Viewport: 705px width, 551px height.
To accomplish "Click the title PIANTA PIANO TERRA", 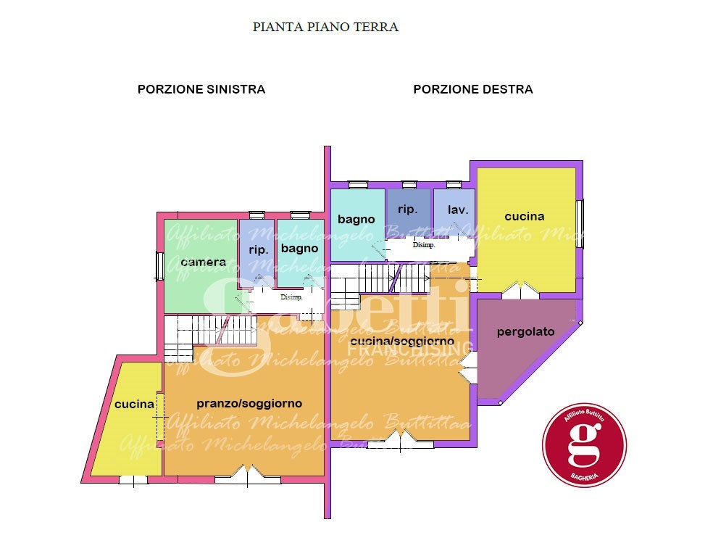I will pyautogui.click(x=325, y=27).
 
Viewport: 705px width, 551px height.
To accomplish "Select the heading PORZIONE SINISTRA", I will pyautogui.click(x=201, y=89).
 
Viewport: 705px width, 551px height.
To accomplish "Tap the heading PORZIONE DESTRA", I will pyautogui.click(x=473, y=89).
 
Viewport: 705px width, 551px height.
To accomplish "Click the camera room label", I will pyautogui.click(x=204, y=262).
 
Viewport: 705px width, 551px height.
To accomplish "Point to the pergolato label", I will pyautogui.click(x=525, y=331).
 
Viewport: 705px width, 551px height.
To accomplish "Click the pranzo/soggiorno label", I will pyautogui.click(x=249, y=403).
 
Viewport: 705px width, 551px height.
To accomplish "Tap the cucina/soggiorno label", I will pyautogui.click(x=401, y=340).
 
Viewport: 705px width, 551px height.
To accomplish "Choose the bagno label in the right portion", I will pyautogui.click(x=356, y=219).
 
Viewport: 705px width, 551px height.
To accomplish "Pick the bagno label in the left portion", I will pyautogui.click(x=299, y=248).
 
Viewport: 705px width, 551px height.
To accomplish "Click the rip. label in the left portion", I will pyautogui.click(x=258, y=249).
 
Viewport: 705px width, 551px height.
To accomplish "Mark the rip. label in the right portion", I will pyautogui.click(x=408, y=209).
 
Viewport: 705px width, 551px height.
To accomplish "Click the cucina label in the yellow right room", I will pyautogui.click(x=525, y=216).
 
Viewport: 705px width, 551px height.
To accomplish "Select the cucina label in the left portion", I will pyautogui.click(x=134, y=404).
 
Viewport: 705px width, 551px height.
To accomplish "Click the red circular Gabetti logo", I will pyautogui.click(x=584, y=443).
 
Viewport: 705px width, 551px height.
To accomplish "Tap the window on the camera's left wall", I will pyautogui.click(x=159, y=265).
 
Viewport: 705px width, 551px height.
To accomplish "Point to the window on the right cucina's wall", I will pyautogui.click(x=580, y=223).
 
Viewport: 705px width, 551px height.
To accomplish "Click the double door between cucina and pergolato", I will pyautogui.click(x=521, y=291).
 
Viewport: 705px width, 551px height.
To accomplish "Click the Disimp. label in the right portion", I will pyautogui.click(x=424, y=245).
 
